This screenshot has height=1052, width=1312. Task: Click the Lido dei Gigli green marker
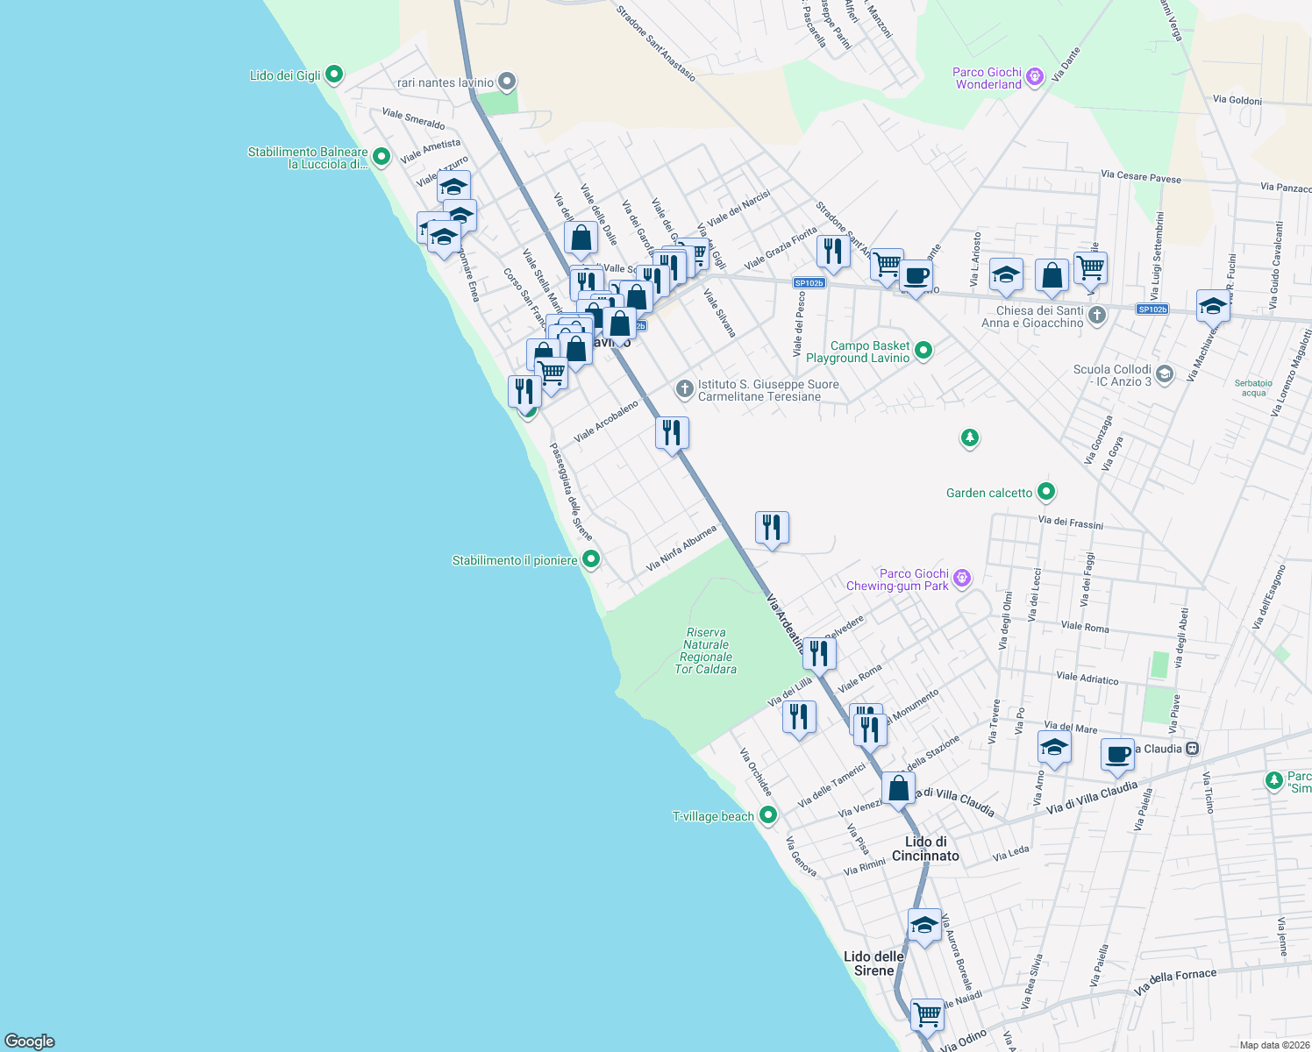pyautogui.click(x=333, y=75)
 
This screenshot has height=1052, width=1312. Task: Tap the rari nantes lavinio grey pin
pyautogui.click(x=506, y=82)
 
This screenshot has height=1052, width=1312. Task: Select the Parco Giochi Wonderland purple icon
pyautogui.click(x=1035, y=77)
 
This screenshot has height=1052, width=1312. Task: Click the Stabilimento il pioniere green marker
pyautogui.click(x=591, y=558)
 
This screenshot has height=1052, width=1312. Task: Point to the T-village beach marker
pyautogui.click(x=768, y=815)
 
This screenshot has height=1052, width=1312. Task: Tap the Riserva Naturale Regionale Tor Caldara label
pyautogui.click(x=706, y=650)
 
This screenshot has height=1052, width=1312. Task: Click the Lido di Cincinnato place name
pyautogui.click(x=925, y=849)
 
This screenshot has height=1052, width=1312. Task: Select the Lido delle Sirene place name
pyautogui.click(x=873, y=963)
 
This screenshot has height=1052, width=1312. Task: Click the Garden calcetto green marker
pyautogui.click(x=1045, y=492)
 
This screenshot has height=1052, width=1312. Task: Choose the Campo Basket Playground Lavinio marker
pyautogui.click(x=923, y=351)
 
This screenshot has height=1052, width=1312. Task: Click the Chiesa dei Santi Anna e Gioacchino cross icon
pyautogui.click(x=1096, y=315)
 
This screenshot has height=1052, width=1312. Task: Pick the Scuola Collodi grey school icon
pyautogui.click(x=1164, y=374)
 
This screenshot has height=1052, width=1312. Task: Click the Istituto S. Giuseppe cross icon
pyautogui.click(x=684, y=387)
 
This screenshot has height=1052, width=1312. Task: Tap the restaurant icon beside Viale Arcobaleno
pyautogui.click(x=672, y=433)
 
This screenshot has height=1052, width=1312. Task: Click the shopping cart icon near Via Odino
pyautogui.click(x=927, y=1015)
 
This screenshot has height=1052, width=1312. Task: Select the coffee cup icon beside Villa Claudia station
pyautogui.click(x=1117, y=755)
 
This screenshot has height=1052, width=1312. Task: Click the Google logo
pyautogui.click(x=30, y=1041)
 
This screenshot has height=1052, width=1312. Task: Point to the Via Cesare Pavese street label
pyautogui.click(x=1141, y=177)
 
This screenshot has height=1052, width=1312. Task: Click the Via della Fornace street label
pyautogui.click(x=1175, y=980)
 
